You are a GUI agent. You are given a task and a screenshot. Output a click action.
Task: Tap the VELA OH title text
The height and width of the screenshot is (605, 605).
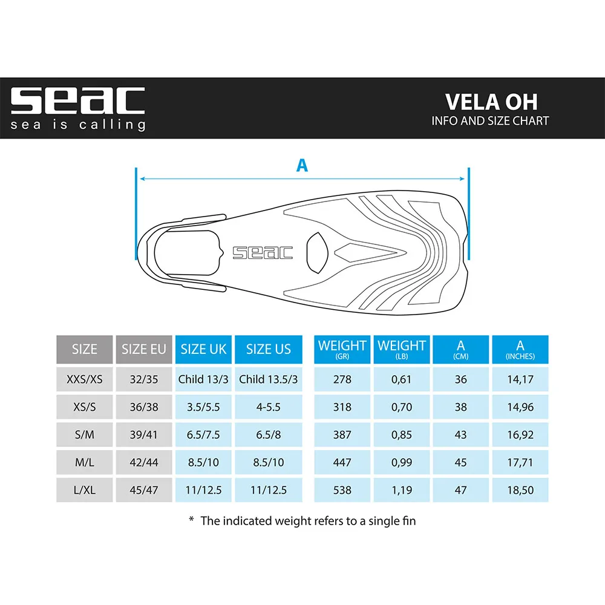coord(491,102)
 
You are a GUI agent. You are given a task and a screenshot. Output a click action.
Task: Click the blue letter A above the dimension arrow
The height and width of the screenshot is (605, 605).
coord(302,166)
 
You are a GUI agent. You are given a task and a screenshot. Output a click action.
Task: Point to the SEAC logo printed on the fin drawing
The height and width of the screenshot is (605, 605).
coord(263,253)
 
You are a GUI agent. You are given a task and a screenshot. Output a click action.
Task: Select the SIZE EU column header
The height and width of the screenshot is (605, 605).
coord(144,349)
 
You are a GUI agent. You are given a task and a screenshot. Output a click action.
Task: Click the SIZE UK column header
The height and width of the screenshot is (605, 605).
coord(203,349)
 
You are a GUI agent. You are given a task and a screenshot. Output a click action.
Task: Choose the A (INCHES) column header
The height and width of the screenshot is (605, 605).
coord(520,349)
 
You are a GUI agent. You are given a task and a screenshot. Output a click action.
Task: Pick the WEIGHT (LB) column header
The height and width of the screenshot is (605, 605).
coord(401,349)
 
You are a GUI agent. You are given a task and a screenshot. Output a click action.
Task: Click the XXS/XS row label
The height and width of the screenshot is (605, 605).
coord(85,379)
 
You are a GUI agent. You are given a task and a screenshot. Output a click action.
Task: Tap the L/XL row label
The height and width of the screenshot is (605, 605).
coord(85,490)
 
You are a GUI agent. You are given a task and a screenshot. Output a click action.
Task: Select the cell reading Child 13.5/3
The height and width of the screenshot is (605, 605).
coord(269,379)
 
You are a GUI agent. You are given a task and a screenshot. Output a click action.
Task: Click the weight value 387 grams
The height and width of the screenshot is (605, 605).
coord(342,435)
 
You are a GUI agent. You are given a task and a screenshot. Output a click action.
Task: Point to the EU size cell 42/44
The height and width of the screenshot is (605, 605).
coord(144,462)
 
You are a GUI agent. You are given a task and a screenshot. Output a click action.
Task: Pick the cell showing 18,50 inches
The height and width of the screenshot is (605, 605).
coord(520,490)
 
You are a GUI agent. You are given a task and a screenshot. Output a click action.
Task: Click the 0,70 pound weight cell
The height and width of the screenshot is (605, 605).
coord(401,407)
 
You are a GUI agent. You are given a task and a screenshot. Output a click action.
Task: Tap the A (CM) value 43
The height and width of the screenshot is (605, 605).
coord(460,435)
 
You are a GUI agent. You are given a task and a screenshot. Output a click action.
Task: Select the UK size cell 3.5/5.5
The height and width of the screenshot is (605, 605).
coord(203,407)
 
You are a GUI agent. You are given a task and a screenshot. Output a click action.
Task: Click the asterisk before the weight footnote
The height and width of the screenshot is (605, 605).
coord(191,519)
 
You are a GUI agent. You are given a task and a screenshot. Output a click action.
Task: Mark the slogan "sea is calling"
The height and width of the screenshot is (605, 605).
coord(77,125)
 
